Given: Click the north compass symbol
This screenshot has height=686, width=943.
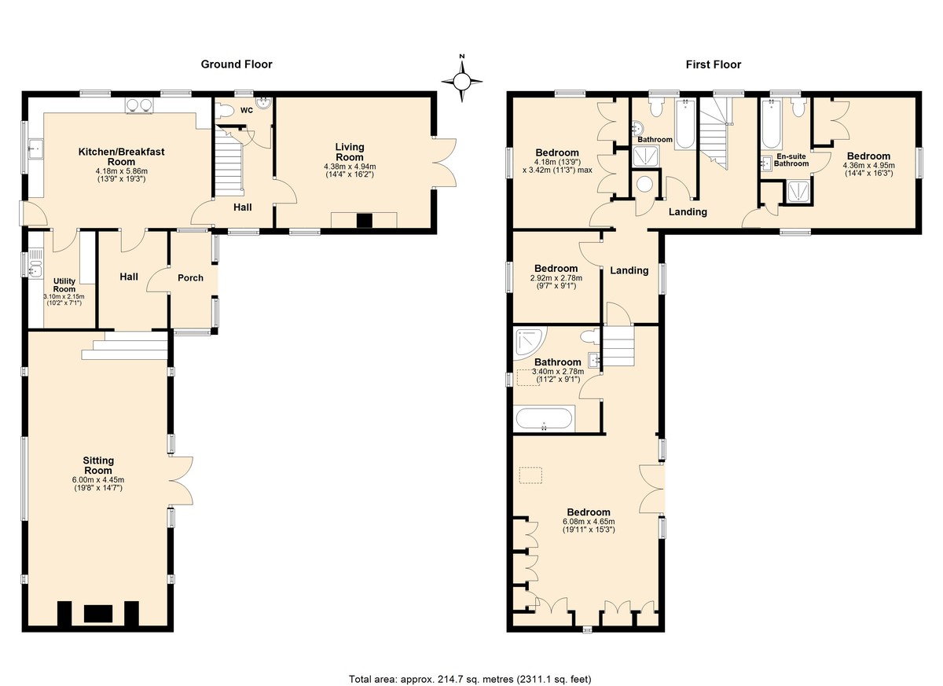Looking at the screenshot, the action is tap(462, 80).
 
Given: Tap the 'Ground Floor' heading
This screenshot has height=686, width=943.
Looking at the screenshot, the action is tap(237, 64).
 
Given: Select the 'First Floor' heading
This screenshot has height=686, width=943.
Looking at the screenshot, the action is tap(714, 64).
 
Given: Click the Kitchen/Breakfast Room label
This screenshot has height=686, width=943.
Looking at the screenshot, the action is tap(121, 156).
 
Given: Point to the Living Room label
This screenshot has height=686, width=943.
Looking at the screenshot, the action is tap(350, 152).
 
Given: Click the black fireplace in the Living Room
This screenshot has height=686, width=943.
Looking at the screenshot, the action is tap(364, 221).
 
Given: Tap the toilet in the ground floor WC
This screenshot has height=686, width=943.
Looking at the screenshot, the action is tap(224, 111).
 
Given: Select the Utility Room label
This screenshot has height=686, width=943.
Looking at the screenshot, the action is tap(64, 285).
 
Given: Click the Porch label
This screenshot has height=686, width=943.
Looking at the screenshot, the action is tap(190, 277).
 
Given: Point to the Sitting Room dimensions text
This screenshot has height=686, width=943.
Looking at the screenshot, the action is tap(98, 484).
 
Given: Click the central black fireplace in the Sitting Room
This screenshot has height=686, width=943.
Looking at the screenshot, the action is tap(98, 614).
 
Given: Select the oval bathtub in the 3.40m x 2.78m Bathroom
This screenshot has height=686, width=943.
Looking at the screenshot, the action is tap(544, 419).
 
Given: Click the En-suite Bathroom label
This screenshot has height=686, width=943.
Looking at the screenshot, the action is tap(791, 160).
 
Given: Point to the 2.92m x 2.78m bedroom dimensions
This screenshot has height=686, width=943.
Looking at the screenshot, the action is tap(556, 282).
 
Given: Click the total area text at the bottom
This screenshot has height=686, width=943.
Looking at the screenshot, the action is tap(470, 667).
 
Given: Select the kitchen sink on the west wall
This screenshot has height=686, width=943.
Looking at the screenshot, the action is tap(35, 148).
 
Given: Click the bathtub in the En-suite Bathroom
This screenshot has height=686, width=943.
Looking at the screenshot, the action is tap(772, 123).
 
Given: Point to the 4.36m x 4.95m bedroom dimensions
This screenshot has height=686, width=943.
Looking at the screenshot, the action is tap(868, 169).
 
